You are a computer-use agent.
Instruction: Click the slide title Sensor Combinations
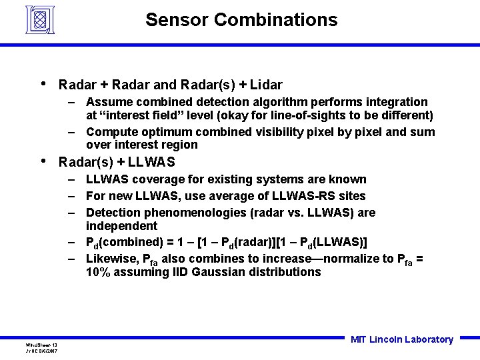pos(241,20)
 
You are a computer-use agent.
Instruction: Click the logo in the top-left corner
pos(39,20)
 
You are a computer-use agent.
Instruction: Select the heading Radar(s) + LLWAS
pos(117,162)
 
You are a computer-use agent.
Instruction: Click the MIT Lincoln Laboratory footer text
pos(401,339)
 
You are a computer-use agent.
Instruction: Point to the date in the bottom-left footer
pos(41,350)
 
